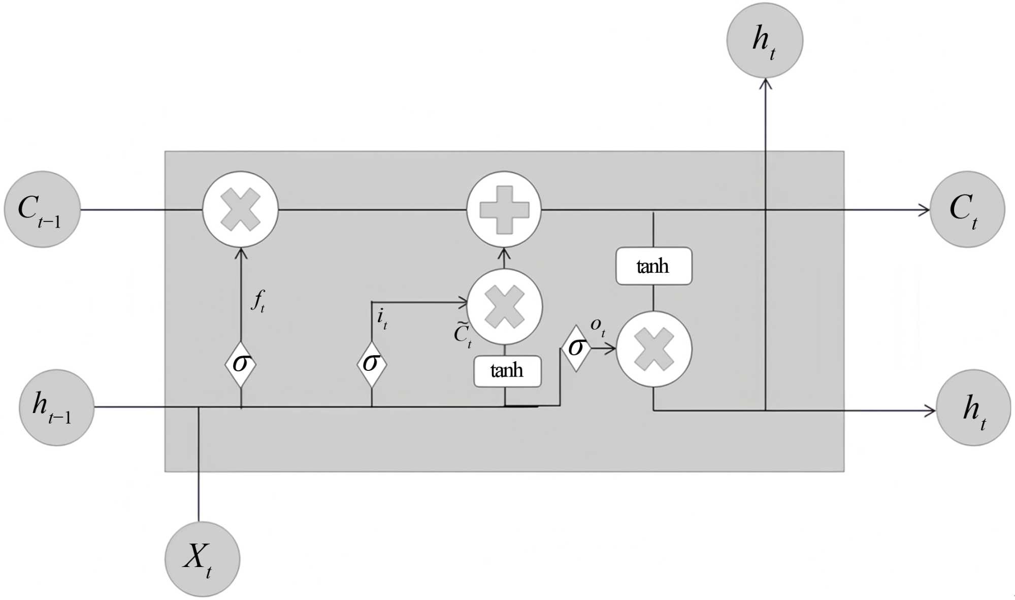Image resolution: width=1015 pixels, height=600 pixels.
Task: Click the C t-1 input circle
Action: (42, 209)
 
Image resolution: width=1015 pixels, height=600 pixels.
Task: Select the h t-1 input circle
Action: (56, 407)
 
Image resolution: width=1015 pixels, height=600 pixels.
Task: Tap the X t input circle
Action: (202, 559)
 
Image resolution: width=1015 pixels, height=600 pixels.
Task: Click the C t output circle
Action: (967, 209)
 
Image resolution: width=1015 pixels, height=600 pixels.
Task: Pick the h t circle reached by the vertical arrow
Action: (765, 41)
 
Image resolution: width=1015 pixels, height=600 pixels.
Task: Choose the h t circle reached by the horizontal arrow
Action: (973, 407)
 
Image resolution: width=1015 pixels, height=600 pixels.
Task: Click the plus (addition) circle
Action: (504, 209)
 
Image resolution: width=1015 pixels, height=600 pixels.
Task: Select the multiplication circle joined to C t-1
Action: (241, 209)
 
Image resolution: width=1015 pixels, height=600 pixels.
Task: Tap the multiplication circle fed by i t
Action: (505, 306)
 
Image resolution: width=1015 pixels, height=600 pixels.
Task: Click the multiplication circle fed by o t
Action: (654, 349)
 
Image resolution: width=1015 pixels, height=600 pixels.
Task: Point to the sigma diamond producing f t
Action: (240, 364)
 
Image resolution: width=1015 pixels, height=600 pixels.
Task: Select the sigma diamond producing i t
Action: (372, 364)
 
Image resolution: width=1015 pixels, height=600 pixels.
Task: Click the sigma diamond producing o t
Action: (576, 348)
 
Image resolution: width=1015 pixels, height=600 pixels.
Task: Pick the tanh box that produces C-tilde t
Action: (507, 371)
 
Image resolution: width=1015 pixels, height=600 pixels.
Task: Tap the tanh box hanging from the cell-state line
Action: (653, 266)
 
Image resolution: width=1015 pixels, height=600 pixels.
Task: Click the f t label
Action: (258, 301)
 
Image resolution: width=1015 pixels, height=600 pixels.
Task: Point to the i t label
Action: (382, 319)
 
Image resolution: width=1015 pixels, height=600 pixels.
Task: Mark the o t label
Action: (598, 326)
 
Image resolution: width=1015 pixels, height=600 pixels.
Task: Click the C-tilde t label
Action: (463, 335)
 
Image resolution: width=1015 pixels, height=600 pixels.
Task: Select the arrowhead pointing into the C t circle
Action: (924, 209)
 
